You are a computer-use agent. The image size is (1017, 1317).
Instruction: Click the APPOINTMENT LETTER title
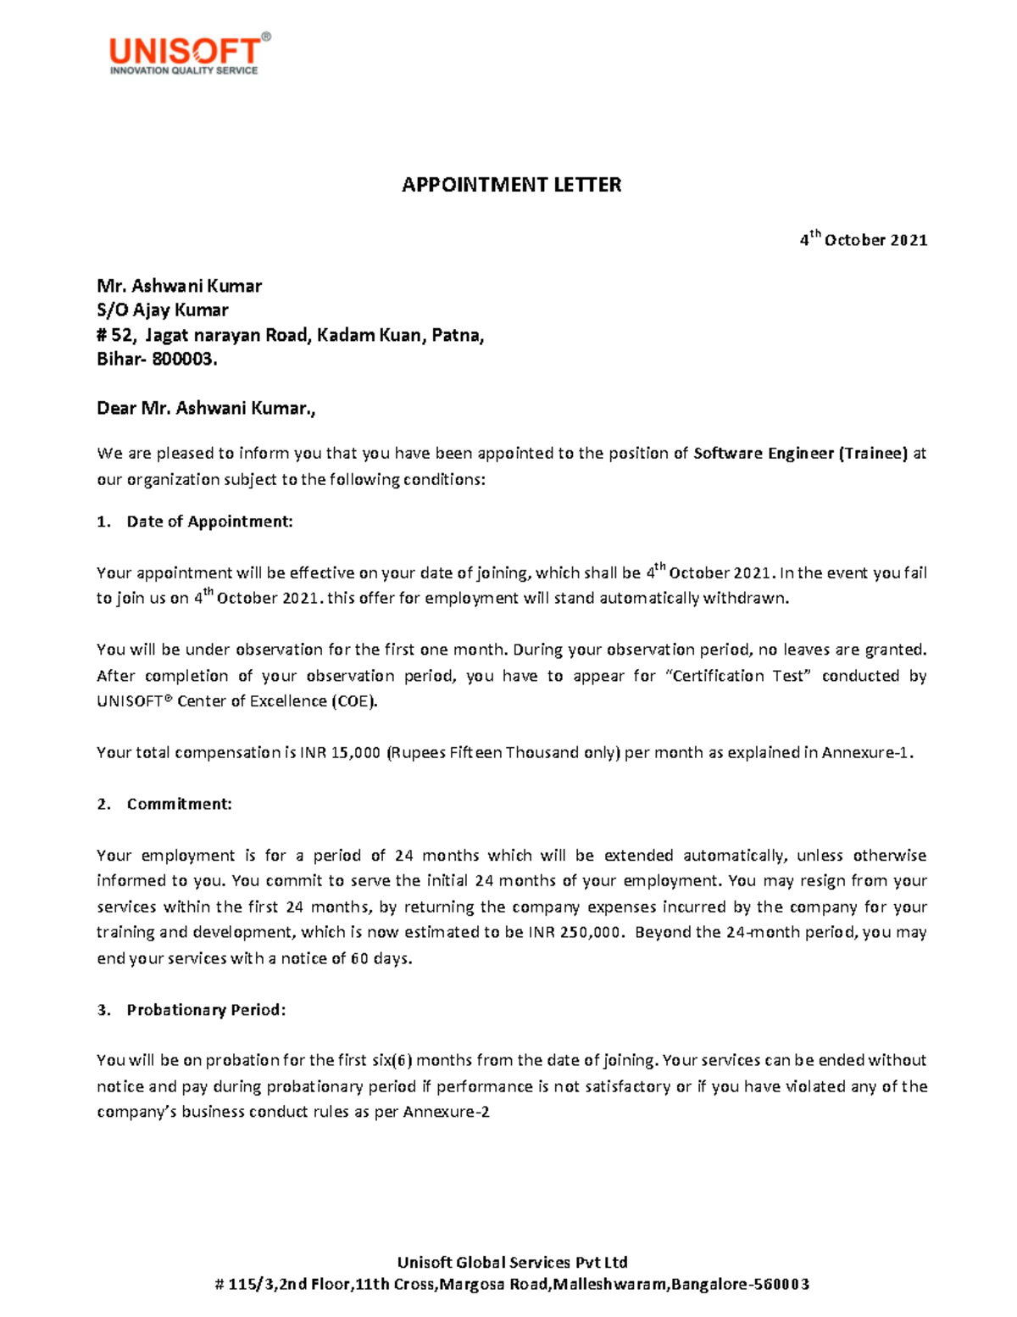(x=511, y=185)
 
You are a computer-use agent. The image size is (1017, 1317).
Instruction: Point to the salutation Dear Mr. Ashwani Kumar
(x=206, y=409)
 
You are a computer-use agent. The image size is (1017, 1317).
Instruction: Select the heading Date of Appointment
(x=209, y=522)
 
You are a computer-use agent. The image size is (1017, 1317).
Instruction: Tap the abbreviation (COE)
(x=353, y=701)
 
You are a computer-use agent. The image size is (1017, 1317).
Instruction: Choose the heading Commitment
(x=179, y=804)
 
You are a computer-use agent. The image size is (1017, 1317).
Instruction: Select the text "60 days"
(x=381, y=959)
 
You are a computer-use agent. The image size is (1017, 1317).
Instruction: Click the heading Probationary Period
(x=206, y=1010)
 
